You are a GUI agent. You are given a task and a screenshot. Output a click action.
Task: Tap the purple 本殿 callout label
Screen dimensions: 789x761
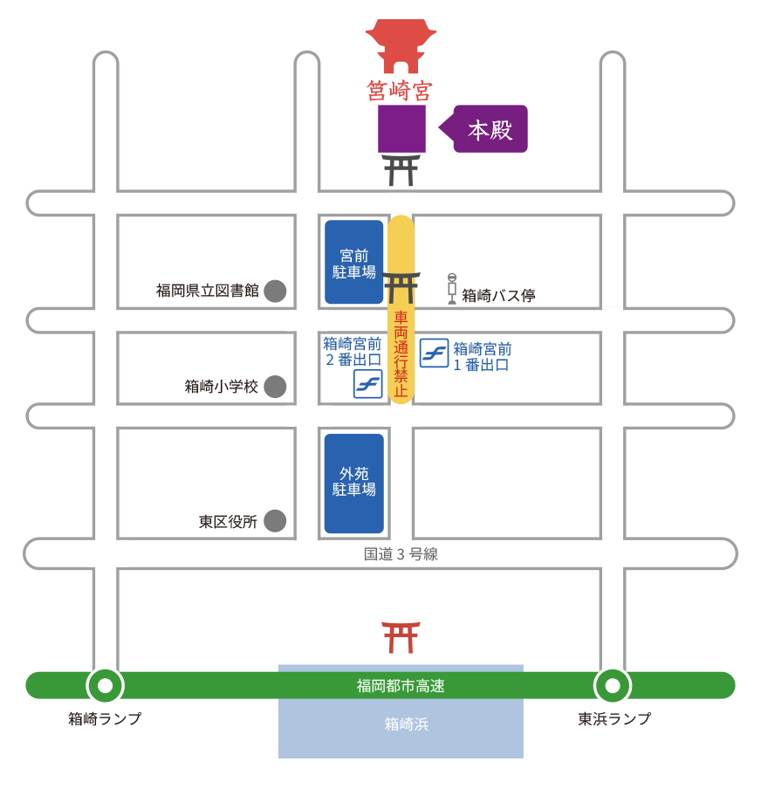490,129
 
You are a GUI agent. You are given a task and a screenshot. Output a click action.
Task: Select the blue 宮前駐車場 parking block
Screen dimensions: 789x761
354,262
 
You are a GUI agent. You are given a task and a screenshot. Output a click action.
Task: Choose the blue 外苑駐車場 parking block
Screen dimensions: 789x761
354,483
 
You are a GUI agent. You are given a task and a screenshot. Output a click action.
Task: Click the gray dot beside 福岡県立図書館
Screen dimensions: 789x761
275,291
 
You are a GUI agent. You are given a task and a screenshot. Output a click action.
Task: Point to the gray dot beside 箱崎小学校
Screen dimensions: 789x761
275,386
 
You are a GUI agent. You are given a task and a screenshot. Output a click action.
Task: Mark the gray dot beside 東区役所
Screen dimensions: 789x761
275,521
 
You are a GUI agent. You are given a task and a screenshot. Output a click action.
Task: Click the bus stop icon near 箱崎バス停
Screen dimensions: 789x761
452,288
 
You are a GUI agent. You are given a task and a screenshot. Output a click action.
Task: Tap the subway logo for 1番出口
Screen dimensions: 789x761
434,353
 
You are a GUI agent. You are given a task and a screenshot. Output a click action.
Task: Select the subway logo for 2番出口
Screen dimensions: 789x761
367,383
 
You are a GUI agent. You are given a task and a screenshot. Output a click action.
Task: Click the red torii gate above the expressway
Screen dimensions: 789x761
401,637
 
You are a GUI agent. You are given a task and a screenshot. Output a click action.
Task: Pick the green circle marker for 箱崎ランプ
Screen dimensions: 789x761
106,685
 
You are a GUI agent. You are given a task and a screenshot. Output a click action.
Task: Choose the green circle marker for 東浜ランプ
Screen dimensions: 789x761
612,685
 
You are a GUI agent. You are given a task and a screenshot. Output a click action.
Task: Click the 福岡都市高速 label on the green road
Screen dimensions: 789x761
401,686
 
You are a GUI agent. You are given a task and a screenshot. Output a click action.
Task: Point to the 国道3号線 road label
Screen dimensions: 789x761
401,553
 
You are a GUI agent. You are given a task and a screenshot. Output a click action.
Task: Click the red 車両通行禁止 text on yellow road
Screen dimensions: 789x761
401,353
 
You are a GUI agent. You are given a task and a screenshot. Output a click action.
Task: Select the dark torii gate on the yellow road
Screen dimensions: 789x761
401,286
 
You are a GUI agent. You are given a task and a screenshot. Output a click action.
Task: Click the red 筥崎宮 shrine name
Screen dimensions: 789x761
401,90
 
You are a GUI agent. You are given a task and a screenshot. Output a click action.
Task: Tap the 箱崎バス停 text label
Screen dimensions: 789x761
498,295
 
